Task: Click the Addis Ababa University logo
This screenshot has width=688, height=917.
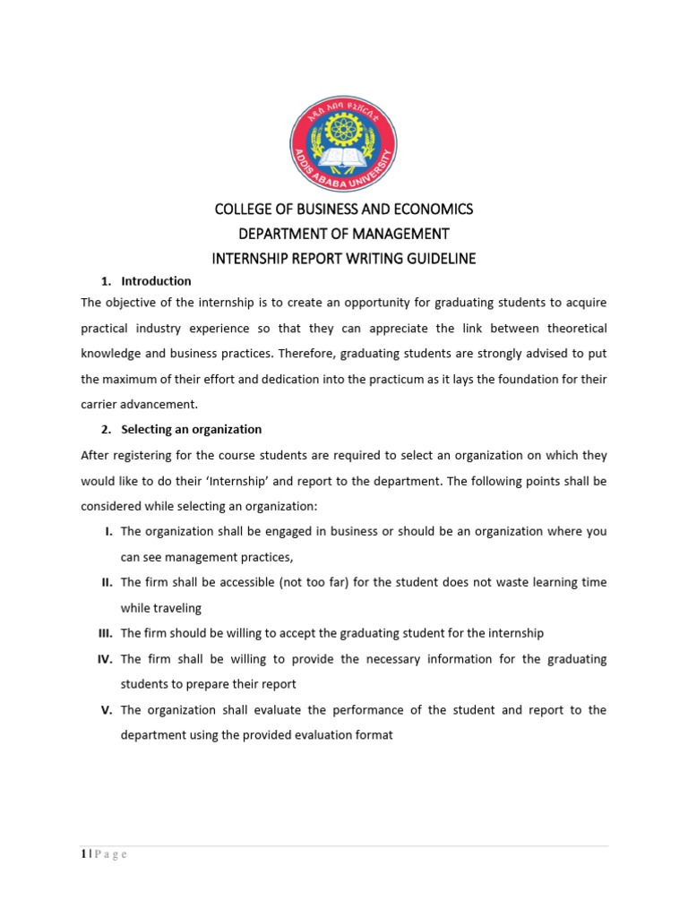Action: (343, 143)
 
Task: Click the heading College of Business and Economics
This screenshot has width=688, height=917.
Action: (343, 210)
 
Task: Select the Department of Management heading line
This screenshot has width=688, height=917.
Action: (343, 234)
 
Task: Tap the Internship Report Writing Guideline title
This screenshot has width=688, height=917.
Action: (343, 259)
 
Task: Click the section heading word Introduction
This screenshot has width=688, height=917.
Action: (156, 281)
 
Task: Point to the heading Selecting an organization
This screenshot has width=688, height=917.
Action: (191, 430)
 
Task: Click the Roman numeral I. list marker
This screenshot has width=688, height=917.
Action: (108, 532)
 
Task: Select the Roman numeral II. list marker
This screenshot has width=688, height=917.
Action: (107, 583)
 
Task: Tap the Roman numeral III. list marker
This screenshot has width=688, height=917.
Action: (105, 634)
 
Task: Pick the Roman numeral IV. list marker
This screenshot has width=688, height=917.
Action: (105, 659)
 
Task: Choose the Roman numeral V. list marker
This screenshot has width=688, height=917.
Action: (107, 710)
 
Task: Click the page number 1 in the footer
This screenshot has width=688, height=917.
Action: (82, 854)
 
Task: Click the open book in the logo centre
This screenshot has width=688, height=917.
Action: (343, 159)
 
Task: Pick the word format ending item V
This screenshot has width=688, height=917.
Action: (374, 736)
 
